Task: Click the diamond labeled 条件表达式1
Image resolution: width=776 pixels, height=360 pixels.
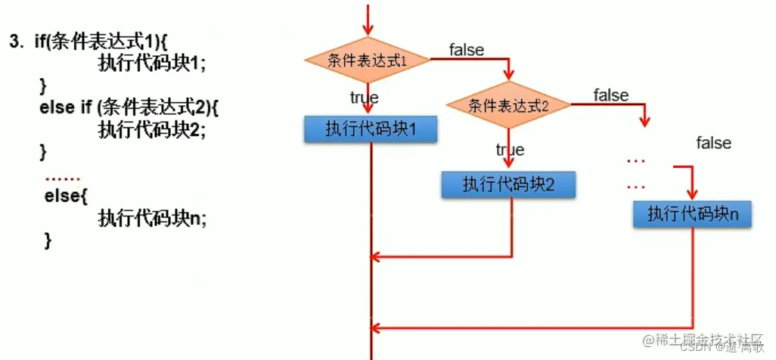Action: point(368,60)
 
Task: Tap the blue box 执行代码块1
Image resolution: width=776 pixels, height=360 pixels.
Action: point(371,129)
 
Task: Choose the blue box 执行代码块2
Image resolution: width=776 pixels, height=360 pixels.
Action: point(509,184)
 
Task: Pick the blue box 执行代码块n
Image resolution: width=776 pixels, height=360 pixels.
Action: point(692,214)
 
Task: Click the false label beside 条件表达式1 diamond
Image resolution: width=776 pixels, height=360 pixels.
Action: point(466,50)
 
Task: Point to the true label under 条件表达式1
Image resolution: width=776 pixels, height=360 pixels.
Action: point(364,98)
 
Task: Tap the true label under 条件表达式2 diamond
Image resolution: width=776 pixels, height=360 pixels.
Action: point(510,150)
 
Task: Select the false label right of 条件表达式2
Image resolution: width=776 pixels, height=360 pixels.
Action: point(610,95)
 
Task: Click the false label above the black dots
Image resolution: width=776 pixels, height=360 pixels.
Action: point(713,143)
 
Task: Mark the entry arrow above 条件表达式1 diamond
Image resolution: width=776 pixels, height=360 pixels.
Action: point(368,19)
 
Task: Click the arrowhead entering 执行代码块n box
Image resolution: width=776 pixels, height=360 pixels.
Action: point(691,194)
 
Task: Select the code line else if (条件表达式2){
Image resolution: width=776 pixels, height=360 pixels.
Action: point(129,107)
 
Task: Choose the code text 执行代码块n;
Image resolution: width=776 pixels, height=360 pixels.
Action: point(152,218)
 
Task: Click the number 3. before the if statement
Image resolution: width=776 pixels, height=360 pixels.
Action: point(17,42)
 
